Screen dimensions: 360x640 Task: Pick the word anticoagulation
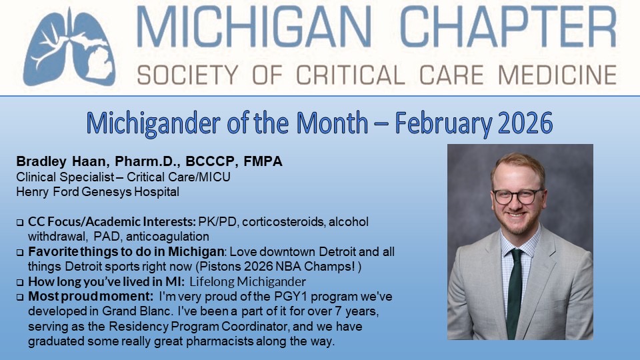171,236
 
